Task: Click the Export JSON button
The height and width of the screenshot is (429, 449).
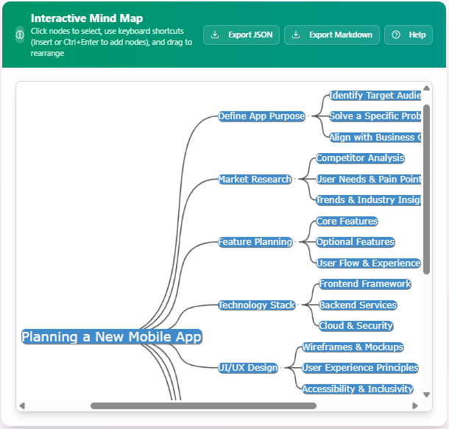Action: pyautogui.click(x=241, y=35)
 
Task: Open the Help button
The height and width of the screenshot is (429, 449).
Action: pyautogui.click(x=409, y=35)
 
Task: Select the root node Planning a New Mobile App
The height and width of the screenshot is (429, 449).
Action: pyautogui.click(x=111, y=337)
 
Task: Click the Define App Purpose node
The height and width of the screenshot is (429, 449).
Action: pyautogui.click(x=261, y=116)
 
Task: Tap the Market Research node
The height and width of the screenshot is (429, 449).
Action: pyautogui.click(x=255, y=180)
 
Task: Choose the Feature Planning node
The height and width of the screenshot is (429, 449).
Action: pyautogui.click(x=255, y=242)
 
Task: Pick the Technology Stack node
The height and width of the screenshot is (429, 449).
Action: pyautogui.click(x=256, y=305)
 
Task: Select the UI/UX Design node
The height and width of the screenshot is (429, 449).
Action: pyautogui.click(x=248, y=368)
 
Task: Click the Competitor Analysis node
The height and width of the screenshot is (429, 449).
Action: pyautogui.click(x=360, y=158)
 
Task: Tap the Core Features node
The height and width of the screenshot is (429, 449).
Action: pyautogui.click(x=347, y=221)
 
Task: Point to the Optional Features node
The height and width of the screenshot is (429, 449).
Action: pyautogui.click(x=356, y=242)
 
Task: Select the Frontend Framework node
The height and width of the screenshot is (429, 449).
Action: pyautogui.click(x=364, y=284)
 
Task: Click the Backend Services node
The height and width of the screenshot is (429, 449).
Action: pyautogui.click(x=358, y=305)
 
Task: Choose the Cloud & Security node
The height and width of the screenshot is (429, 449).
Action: pyautogui.click(x=356, y=326)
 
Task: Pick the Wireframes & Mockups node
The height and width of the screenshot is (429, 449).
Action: pyautogui.click(x=353, y=347)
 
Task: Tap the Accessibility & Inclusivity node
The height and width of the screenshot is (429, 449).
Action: pyautogui.click(x=357, y=389)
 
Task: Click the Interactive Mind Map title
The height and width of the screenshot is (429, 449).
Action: pyautogui.click(x=87, y=18)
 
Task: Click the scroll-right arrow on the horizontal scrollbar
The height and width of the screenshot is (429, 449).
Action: pyautogui.click(x=415, y=405)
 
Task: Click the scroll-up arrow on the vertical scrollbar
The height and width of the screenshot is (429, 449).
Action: pyautogui.click(x=427, y=88)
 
